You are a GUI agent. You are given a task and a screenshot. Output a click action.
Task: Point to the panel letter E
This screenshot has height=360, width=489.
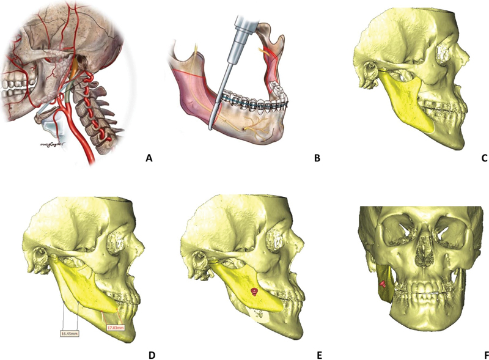(316, 354)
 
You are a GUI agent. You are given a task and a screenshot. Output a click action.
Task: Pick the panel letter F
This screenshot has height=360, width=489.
(483, 354)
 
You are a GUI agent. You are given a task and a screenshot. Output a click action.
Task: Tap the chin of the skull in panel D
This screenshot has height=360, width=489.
(131, 339)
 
